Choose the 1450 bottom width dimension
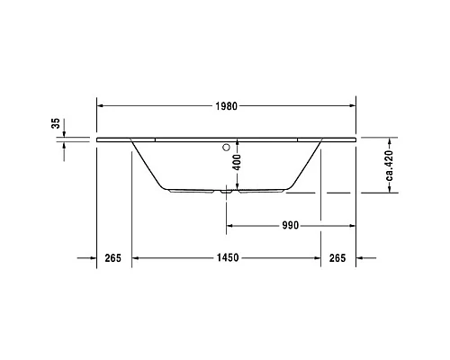[227, 258]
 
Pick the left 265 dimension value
[112, 258]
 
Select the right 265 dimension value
[337, 258]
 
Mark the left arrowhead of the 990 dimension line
[229, 226]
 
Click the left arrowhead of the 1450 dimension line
[135, 258]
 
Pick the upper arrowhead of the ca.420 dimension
[390, 141]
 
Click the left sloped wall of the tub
[148, 166]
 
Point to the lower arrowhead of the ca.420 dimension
[390, 190]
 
